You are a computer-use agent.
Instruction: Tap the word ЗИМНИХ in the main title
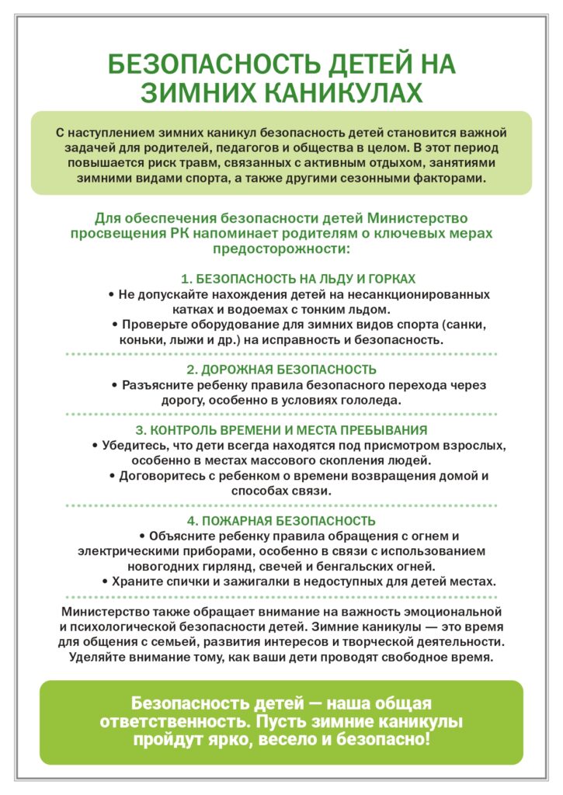tap(197, 92)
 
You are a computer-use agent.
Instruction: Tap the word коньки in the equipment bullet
tap(143, 339)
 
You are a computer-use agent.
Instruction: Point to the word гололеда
tap(367, 400)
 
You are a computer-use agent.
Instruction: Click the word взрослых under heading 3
tap(474, 445)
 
